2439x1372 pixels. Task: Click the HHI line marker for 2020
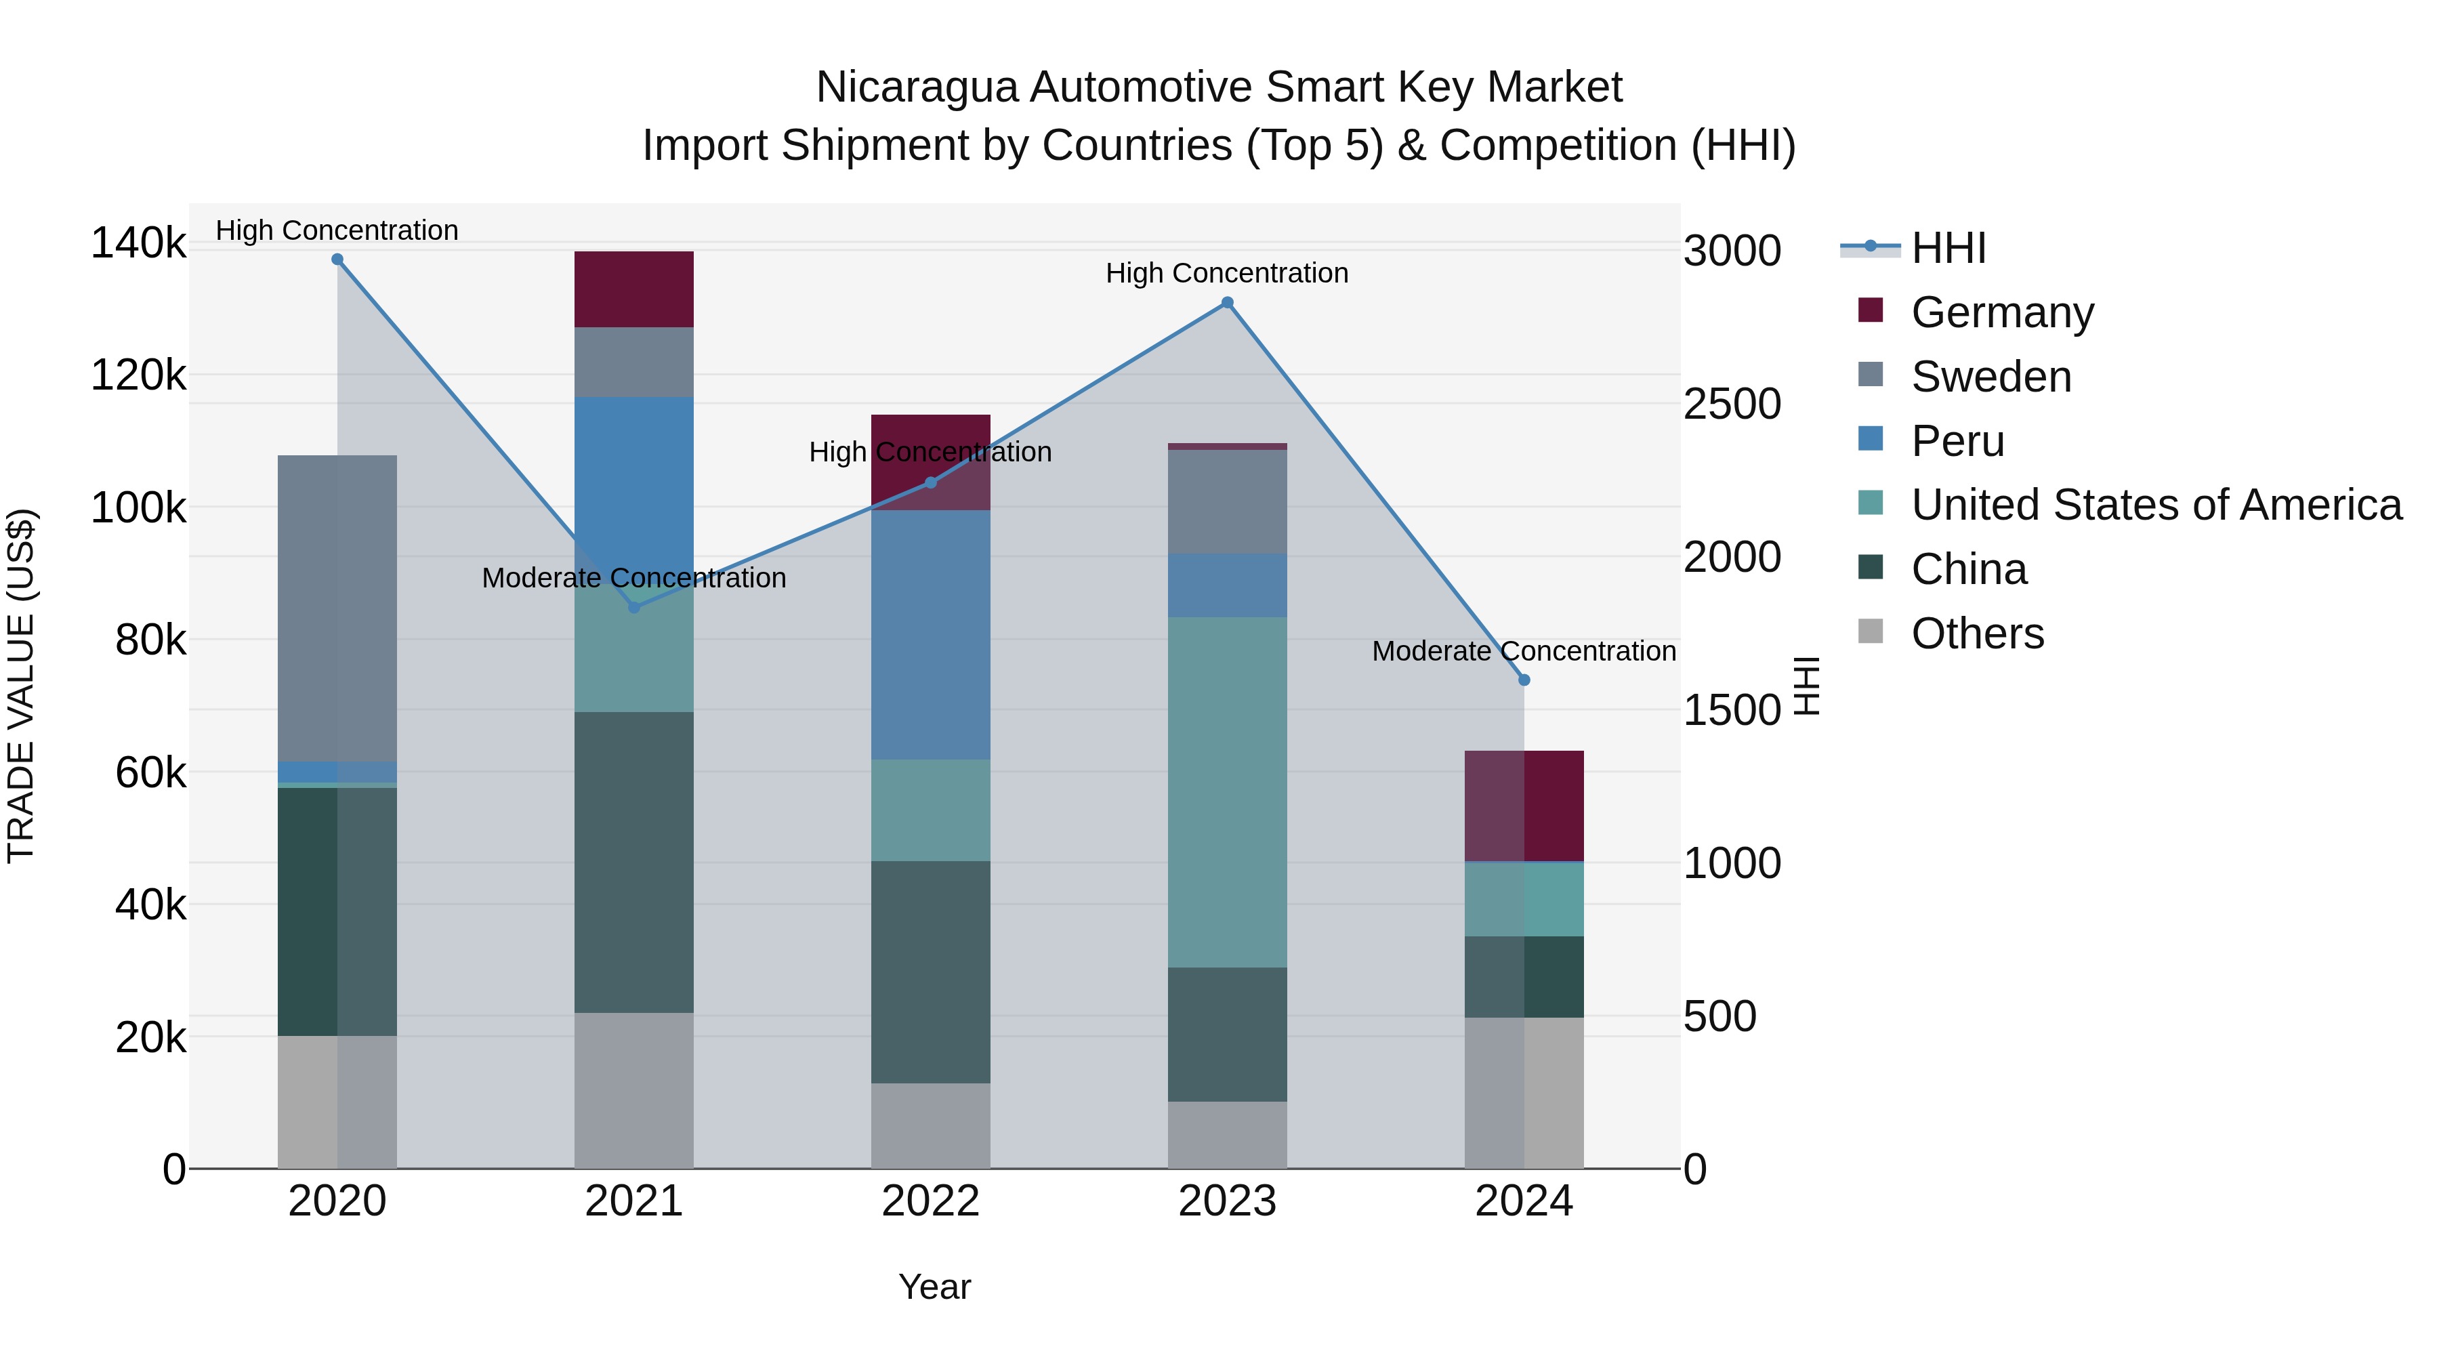coord(337,259)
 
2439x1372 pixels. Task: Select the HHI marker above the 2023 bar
coord(1227,303)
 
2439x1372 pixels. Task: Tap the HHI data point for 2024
coord(1524,680)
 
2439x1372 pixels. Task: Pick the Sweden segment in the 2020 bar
coord(337,608)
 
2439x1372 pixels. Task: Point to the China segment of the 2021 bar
coord(633,862)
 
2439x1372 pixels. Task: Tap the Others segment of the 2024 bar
coord(1524,1093)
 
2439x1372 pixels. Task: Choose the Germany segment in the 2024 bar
coord(1524,806)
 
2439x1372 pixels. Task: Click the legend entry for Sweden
coord(1990,377)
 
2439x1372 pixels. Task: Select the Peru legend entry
coord(1957,441)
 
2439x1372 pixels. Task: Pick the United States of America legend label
coord(2156,505)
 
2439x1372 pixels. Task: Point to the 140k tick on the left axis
coord(138,243)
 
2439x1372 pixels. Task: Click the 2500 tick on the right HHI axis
coord(1732,404)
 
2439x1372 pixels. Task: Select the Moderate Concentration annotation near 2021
coord(633,577)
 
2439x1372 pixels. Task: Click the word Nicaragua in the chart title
coord(915,87)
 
